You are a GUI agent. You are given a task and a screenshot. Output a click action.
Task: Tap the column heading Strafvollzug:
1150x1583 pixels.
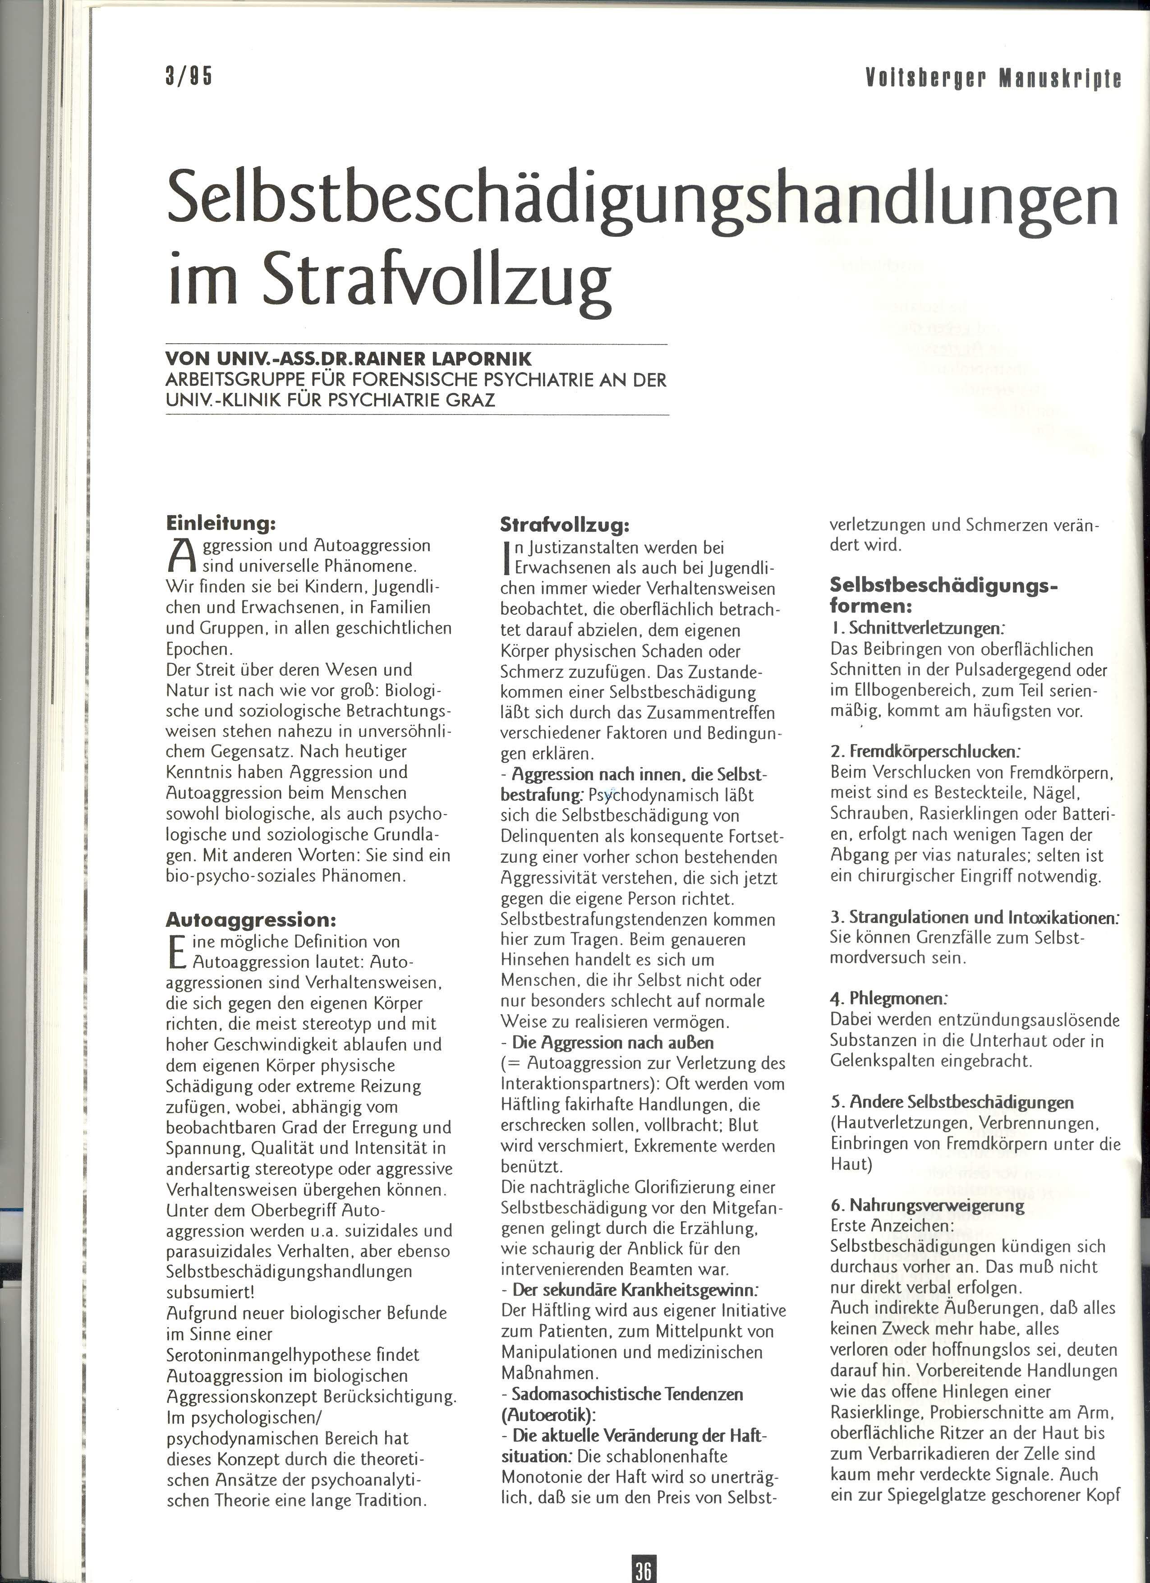pyautogui.click(x=565, y=524)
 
